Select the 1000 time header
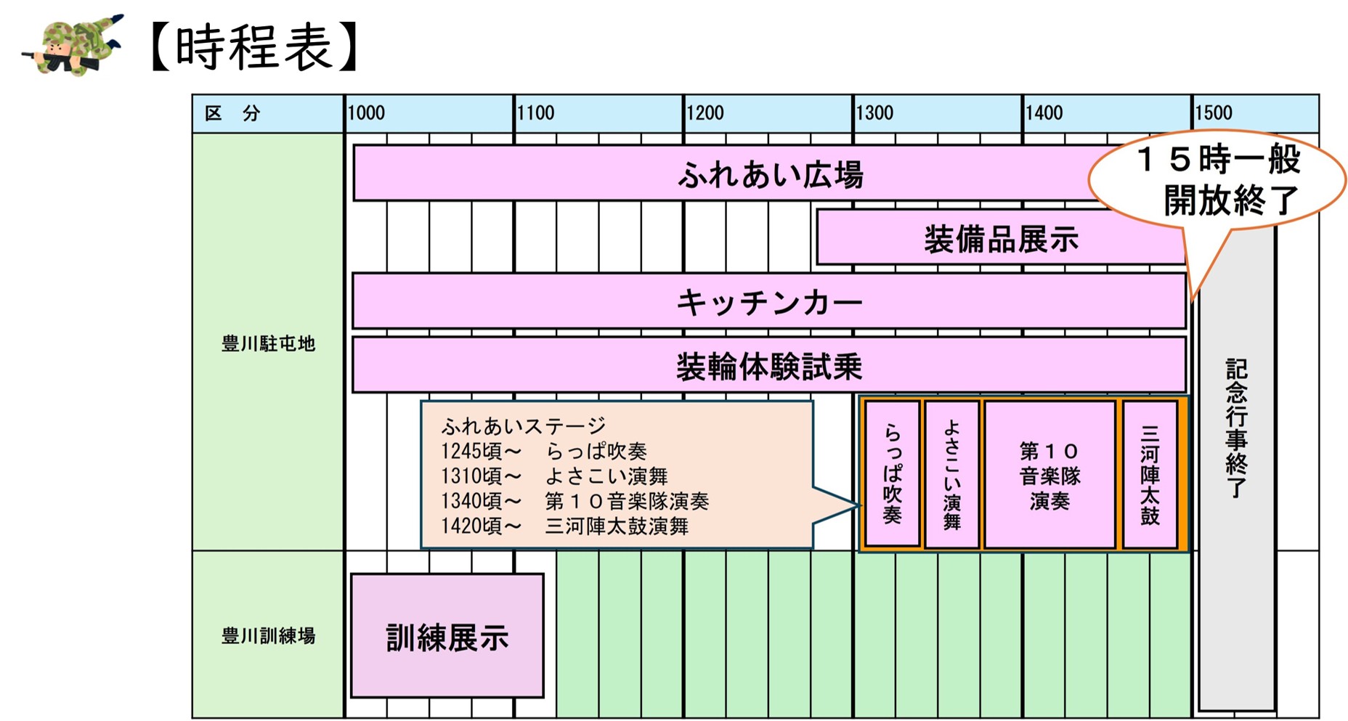point(366,113)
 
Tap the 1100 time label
point(535,113)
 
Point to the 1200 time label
point(705,113)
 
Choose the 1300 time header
point(874,113)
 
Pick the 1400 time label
point(1044,113)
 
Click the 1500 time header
point(1214,113)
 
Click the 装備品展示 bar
point(1001,237)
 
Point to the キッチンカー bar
point(769,301)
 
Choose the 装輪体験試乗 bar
point(769,365)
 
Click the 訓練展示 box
point(447,636)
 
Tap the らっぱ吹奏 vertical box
point(893,474)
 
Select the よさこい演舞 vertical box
point(952,474)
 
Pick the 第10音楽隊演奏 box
point(1049,474)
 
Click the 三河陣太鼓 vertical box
point(1150,474)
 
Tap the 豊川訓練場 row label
point(268,636)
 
